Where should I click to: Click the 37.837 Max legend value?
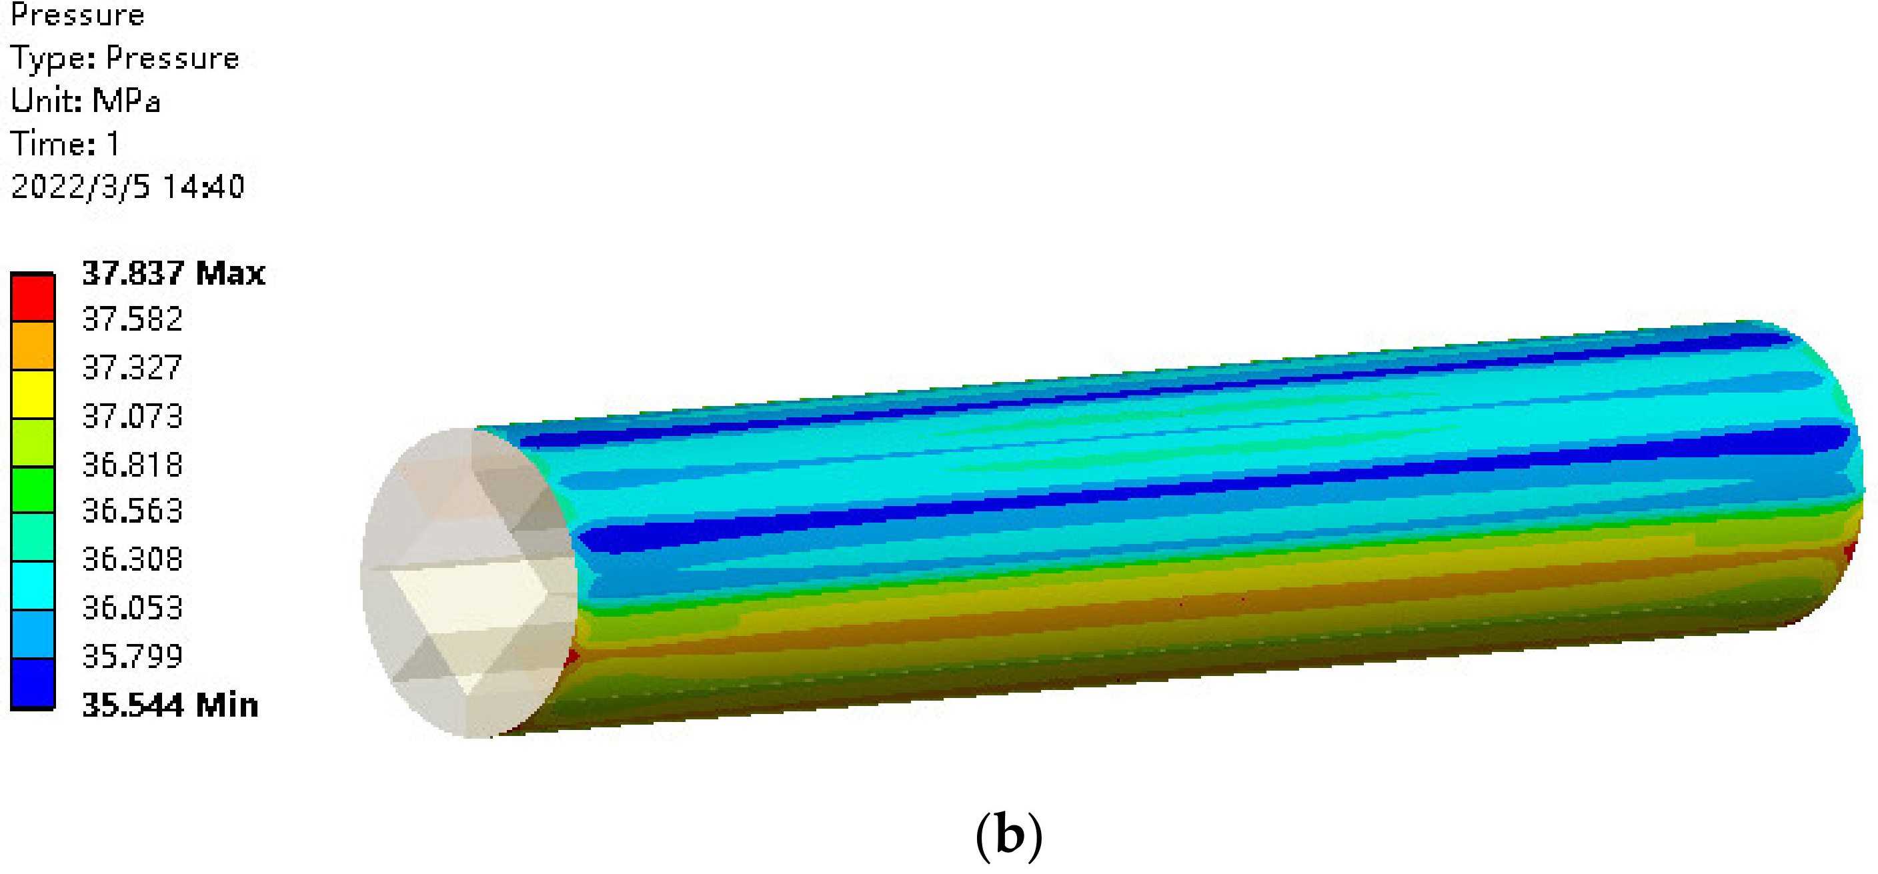coord(173,273)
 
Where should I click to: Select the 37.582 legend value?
coord(132,319)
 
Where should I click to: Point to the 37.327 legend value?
coord(132,367)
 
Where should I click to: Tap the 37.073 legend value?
coord(132,416)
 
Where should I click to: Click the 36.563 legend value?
coord(132,511)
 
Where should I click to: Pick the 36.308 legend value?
coord(132,559)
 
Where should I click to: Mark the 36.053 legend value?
coord(132,608)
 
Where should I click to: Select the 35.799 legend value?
coord(132,656)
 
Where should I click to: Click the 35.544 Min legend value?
coord(170,705)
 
